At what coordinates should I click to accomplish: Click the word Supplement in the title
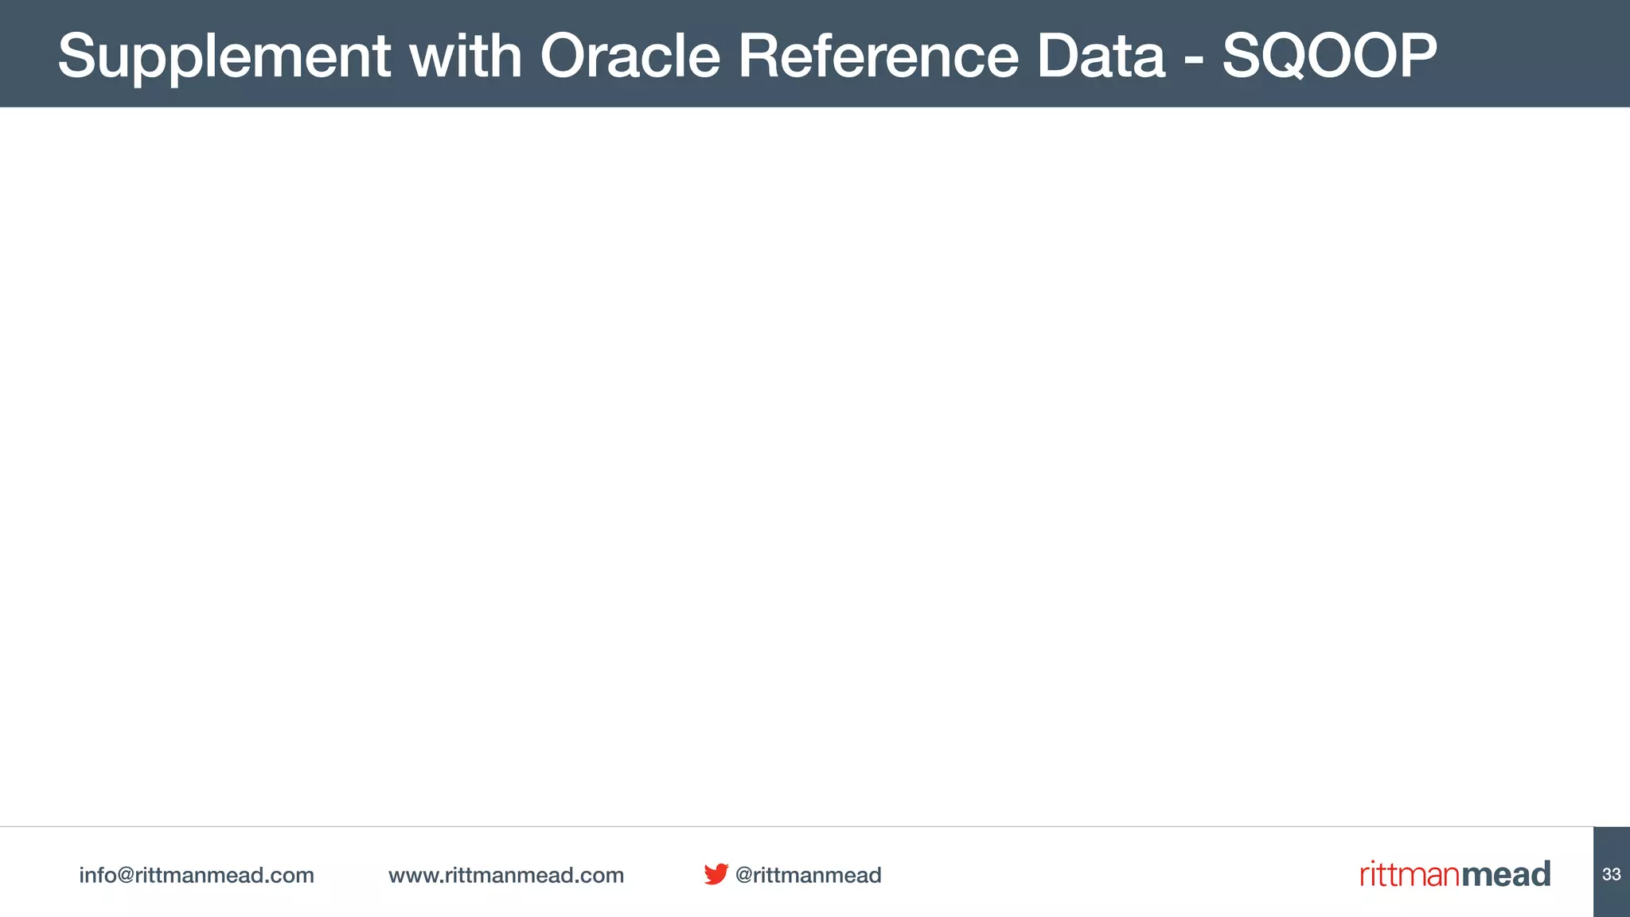(x=224, y=57)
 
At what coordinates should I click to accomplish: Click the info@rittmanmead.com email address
(x=197, y=875)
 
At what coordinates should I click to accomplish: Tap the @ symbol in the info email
(x=126, y=876)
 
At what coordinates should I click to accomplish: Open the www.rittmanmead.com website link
(x=506, y=875)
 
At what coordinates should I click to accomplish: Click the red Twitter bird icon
(x=716, y=873)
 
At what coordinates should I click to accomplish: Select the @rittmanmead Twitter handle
(x=808, y=875)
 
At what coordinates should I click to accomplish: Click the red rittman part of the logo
(x=1410, y=875)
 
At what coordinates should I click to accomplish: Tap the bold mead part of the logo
(x=1506, y=874)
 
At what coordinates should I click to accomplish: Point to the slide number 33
(x=1611, y=874)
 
